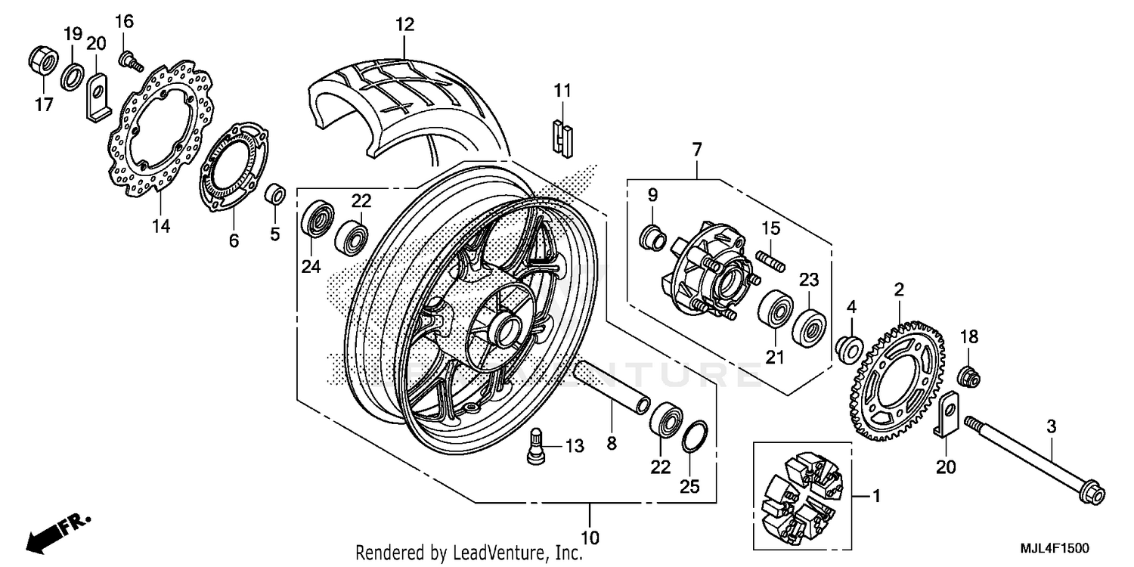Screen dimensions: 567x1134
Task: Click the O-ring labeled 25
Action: [696, 438]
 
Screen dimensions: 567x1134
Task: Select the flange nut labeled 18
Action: [969, 373]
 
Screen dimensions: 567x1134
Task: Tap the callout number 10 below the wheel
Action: [590, 538]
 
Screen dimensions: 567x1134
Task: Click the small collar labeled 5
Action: [276, 194]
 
